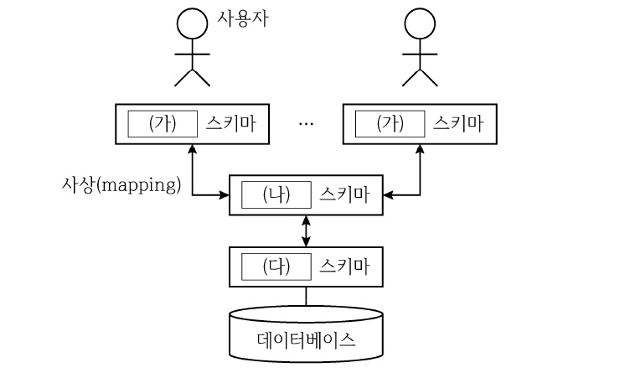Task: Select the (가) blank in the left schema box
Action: pyautogui.click(x=163, y=123)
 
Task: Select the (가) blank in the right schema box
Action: pyautogui.click(x=390, y=123)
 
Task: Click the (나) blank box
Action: pyautogui.click(x=276, y=195)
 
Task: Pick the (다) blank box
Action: pyautogui.click(x=276, y=267)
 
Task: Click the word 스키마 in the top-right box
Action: pyautogui.click(x=458, y=123)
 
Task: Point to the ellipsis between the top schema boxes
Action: pyautogui.click(x=306, y=124)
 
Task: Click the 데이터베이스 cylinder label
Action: pyautogui.click(x=306, y=341)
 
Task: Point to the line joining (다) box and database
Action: pyautogui.click(x=306, y=296)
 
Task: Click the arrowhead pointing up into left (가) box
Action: pyautogui.click(x=192, y=148)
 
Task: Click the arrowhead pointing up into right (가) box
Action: pyautogui.click(x=420, y=148)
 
